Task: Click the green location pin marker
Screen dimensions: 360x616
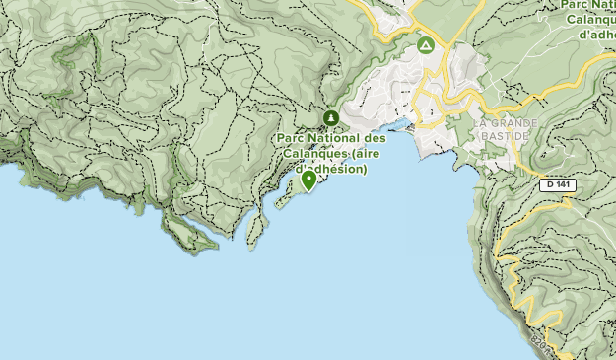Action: click(x=308, y=180)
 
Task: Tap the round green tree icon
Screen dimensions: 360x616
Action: click(x=330, y=118)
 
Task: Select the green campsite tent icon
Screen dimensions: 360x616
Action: click(x=425, y=45)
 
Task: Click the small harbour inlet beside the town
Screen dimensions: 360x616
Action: click(x=403, y=126)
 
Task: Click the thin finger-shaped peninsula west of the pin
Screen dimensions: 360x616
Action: click(x=256, y=229)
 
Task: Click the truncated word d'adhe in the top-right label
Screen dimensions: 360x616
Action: click(x=597, y=35)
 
